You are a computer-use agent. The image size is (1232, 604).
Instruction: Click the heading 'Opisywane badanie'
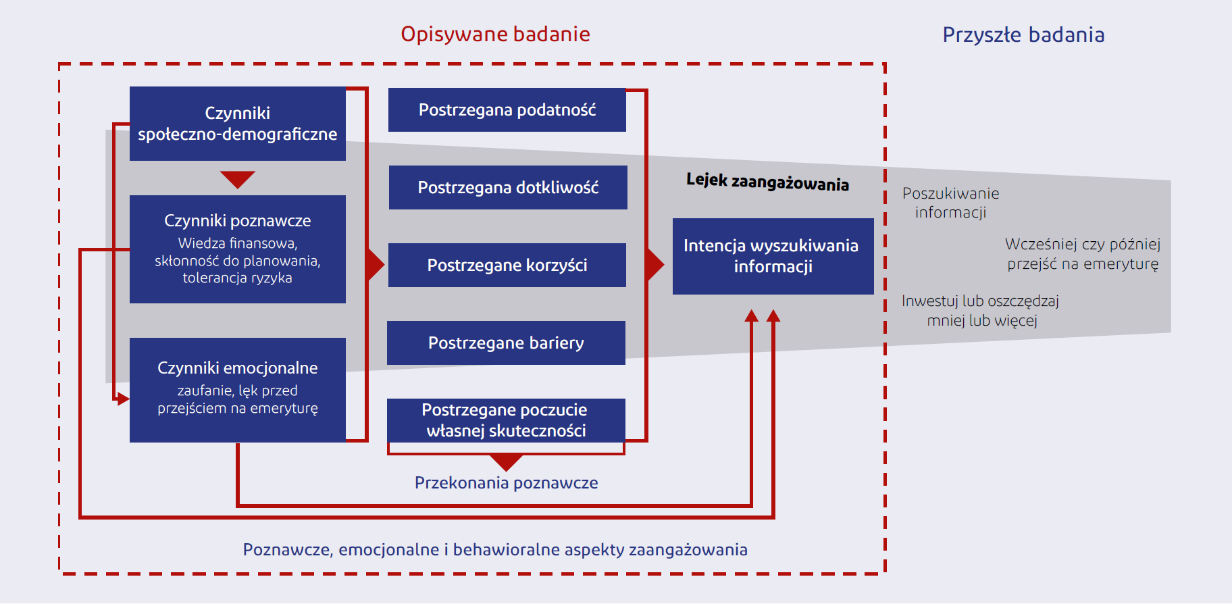(495, 34)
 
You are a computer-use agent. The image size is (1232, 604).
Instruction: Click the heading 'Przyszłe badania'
(1023, 35)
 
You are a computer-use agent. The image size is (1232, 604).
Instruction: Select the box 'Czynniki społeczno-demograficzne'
(238, 124)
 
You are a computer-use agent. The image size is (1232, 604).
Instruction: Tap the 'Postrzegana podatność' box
(507, 109)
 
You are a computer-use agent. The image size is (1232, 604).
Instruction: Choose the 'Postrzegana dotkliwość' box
(508, 187)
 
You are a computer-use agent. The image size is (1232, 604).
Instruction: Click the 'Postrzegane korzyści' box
(507, 265)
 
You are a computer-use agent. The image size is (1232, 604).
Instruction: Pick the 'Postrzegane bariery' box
(506, 343)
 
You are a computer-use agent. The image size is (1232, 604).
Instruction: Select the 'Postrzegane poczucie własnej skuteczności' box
(506, 420)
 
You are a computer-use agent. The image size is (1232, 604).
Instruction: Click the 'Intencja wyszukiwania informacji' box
(773, 256)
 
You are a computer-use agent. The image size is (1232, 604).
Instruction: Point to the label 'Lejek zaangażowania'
(767, 182)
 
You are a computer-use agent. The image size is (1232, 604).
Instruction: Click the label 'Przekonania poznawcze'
(506, 482)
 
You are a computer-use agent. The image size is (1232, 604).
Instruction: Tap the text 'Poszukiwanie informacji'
(950, 203)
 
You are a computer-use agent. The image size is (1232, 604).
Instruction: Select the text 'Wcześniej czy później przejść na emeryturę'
(1083, 254)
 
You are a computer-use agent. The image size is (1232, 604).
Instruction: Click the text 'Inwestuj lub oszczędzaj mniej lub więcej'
(980, 311)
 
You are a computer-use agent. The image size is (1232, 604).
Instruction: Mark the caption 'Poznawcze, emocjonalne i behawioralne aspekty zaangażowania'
(495, 550)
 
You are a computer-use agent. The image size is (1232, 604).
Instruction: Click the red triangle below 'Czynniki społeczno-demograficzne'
(238, 180)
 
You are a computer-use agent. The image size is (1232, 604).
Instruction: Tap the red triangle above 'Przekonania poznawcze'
(506, 463)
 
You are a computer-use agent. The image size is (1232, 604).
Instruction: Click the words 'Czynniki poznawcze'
(238, 221)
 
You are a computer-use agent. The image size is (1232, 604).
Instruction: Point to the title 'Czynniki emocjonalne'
(238, 368)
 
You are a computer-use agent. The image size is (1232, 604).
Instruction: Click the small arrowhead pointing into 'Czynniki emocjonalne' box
(122, 399)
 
